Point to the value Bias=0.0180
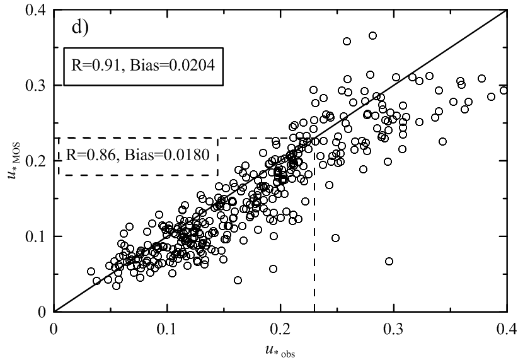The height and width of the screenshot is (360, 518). click(x=168, y=154)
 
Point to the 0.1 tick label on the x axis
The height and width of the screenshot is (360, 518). click(x=168, y=329)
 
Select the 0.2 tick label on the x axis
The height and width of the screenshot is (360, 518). click(x=281, y=329)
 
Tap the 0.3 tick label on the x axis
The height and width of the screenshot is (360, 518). click(x=394, y=329)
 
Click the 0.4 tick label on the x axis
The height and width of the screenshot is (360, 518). click(x=506, y=329)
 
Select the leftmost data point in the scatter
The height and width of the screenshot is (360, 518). click(x=91, y=271)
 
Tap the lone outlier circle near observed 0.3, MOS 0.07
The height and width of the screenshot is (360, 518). click(x=389, y=261)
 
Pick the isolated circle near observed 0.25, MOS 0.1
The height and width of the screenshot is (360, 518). click(x=335, y=238)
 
